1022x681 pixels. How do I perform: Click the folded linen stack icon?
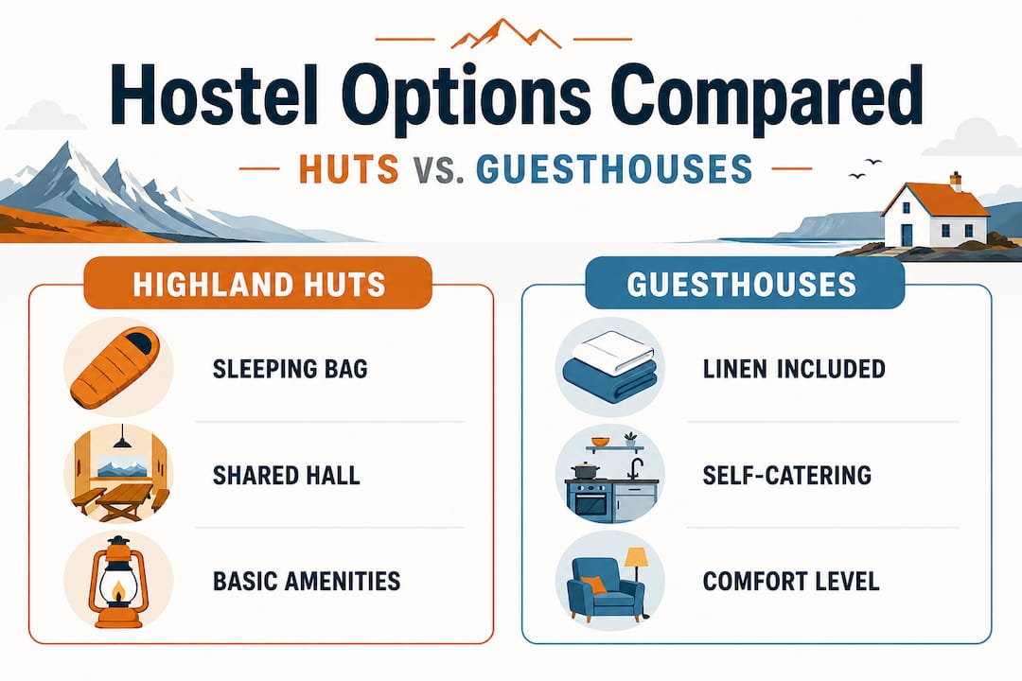[610, 368]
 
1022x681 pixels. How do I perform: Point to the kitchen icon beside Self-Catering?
[610, 476]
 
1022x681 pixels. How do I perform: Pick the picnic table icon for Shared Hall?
[117, 474]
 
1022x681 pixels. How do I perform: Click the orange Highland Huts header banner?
[257, 284]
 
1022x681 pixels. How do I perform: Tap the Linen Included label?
[794, 368]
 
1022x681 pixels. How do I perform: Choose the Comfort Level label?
[791, 580]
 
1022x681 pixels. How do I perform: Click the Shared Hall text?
[287, 474]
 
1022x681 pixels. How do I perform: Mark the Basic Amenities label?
[307, 580]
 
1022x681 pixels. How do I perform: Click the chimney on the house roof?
[956, 180]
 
